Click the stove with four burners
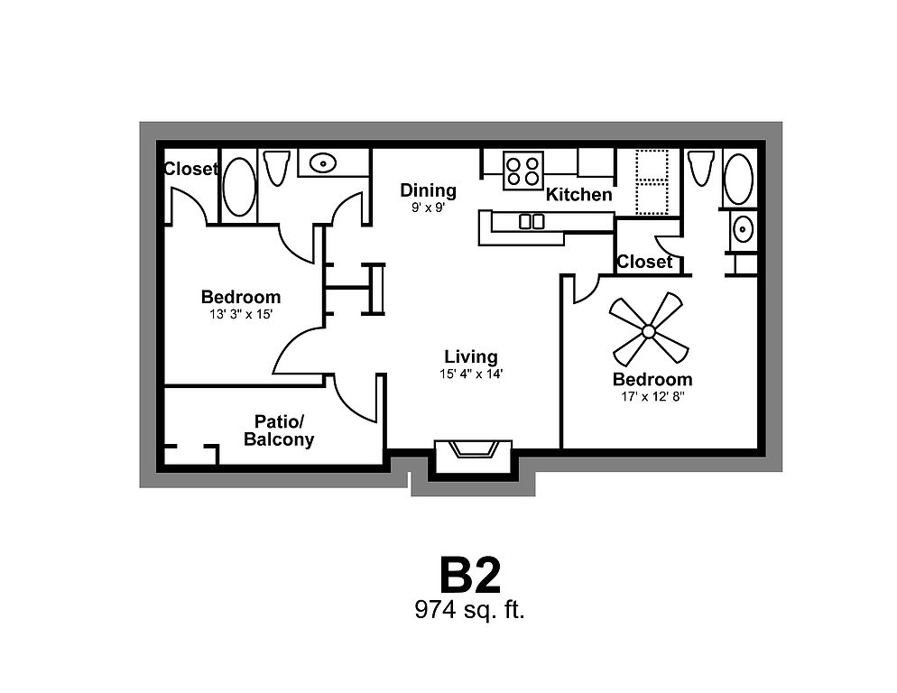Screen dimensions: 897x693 [523, 171]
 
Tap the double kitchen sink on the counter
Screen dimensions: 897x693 [532, 221]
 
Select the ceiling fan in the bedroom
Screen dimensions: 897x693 [648, 331]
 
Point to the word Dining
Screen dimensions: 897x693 [429, 190]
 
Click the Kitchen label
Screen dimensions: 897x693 [579, 194]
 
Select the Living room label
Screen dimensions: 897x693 [471, 356]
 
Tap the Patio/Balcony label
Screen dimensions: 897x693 [279, 430]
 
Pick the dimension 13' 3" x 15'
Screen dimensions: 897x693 [240, 314]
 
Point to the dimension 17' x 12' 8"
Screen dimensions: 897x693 [652, 396]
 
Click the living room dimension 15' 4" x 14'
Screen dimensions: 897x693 [471, 373]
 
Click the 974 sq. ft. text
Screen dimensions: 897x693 [469, 609]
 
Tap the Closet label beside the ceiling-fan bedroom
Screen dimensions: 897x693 [644, 262]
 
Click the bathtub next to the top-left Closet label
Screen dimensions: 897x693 [239, 186]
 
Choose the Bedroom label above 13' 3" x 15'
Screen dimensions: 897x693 [240, 297]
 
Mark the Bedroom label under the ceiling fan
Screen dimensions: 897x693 [652, 379]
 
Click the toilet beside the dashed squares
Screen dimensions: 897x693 [700, 168]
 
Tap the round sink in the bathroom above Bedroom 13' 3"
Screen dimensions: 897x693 [323, 163]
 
